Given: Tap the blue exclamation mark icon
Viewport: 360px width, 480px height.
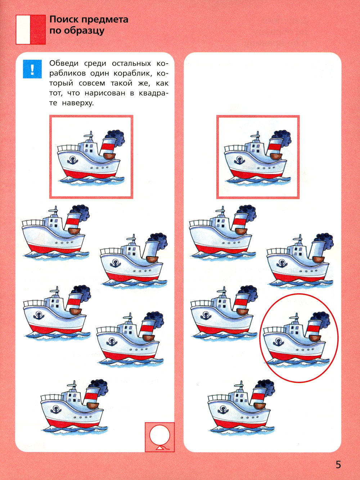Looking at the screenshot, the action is click(x=32, y=69).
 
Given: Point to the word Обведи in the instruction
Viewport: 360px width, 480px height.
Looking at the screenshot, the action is click(x=64, y=63).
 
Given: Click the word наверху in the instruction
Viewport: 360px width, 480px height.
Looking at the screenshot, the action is click(x=78, y=103).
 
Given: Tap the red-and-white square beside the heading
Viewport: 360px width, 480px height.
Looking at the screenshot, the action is click(x=31, y=30).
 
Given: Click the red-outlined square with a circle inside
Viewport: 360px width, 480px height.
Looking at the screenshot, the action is click(x=159, y=437).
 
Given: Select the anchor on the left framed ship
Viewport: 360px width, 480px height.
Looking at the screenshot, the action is click(x=72, y=160).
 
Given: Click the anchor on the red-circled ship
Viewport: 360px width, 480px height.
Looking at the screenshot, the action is click(x=278, y=342).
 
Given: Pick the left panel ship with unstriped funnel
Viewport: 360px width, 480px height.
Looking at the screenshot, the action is click(x=134, y=261).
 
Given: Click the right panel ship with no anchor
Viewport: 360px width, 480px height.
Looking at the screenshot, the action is click(x=222, y=233).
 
